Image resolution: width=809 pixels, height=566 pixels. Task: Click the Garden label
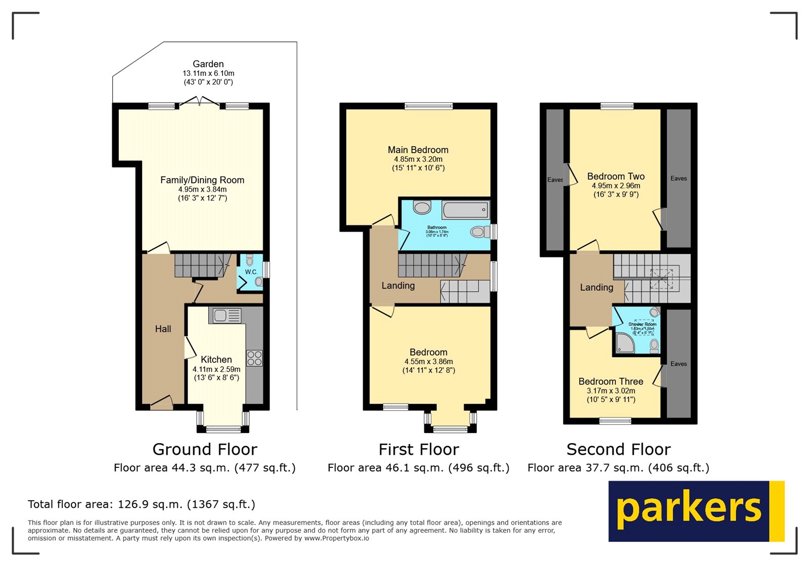coord(208,64)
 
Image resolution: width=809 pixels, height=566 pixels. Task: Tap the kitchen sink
coord(225,316)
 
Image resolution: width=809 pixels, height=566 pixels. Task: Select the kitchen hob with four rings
coord(254,358)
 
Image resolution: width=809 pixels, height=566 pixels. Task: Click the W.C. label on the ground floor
coord(251,272)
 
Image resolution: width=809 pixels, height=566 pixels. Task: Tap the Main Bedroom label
coord(418,150)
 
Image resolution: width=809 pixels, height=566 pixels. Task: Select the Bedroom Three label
coord(611,382)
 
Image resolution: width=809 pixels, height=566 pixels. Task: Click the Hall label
coord(163,329)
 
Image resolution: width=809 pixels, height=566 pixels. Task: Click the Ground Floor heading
coord(205,449)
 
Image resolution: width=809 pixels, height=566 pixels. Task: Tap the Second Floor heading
coord(618,449)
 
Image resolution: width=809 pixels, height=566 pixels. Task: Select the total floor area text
coord(142,504)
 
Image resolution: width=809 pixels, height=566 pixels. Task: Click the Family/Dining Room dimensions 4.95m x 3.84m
coord(202,190)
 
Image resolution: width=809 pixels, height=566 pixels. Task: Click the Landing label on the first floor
coord(398,286)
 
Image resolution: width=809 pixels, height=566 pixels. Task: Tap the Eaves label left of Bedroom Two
coord(555,180)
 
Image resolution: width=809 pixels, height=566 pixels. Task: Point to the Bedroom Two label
coord(615,177)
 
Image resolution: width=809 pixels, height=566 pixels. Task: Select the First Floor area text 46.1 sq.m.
coord(418,468)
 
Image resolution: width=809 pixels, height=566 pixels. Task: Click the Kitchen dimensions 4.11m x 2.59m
coord(216,369)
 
